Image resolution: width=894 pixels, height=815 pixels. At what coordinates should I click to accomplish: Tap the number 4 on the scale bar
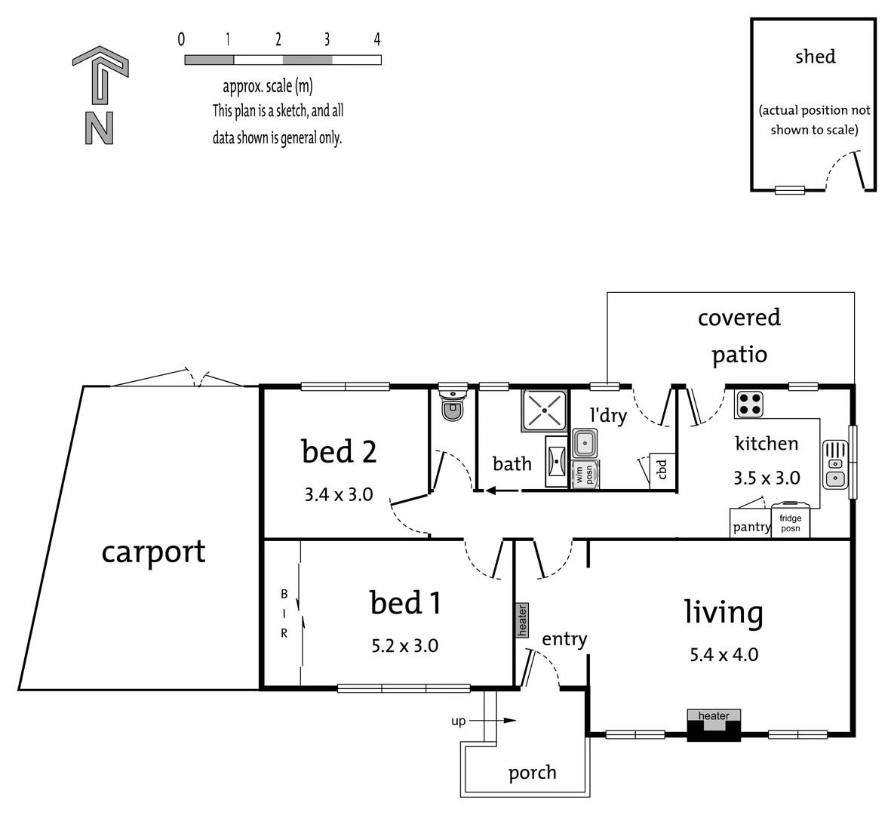pos(376,39)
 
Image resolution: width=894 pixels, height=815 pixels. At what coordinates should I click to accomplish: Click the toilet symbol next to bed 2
pos(452,404)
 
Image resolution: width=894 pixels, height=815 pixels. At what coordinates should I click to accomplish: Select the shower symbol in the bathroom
pos(543,411)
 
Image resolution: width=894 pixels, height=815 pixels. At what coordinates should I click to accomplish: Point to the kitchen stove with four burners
pos(750,404)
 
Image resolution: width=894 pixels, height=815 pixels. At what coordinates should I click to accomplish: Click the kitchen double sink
pos(834,463)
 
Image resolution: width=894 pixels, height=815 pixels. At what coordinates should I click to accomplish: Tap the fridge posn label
pos(790,523)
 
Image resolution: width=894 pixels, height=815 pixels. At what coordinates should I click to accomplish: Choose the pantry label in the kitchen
pos(751,527)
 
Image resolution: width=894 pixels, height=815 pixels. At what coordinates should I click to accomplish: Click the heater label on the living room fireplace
pos(714,715)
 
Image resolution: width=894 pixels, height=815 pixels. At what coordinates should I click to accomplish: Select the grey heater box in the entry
pos(521,620)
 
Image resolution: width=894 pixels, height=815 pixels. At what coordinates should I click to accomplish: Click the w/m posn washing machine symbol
pos(585,474)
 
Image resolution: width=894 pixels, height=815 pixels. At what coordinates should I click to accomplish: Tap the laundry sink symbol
pos(585,442)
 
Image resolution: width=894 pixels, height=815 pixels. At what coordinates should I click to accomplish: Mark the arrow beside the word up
pos(498,721)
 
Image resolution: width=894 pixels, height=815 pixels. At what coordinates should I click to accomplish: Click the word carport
pos(153,552)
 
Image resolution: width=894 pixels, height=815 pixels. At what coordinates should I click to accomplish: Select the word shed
pos(815,57)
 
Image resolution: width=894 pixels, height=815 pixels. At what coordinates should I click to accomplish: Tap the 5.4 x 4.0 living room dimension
pos(723,654)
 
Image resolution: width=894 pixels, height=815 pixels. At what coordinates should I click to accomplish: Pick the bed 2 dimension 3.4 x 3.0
pos(339,495)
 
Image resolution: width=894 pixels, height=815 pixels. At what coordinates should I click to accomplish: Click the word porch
pos(532,773)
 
